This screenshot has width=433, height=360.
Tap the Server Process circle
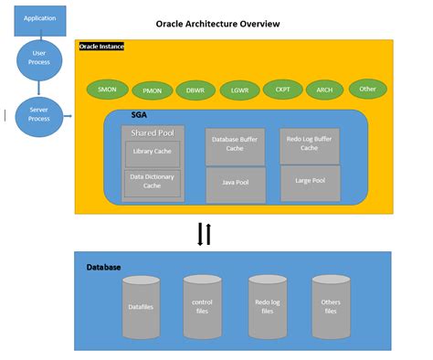click(x=39, y=116)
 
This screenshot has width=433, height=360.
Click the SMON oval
click(x=106, y=90)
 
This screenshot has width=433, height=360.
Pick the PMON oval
click(x=152, y=90)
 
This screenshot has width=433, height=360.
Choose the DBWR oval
click(x=195, y=90)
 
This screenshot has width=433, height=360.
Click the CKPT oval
click(x=281, y=90)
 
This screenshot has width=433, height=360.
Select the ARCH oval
click(x=324, y=90)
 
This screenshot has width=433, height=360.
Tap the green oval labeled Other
click(x=367, y=89)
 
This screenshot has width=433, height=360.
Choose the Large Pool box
click(x=309, y=183)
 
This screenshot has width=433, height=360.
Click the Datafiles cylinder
click(x=142, y=307)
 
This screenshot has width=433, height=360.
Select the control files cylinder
click(x=202, y=307)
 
